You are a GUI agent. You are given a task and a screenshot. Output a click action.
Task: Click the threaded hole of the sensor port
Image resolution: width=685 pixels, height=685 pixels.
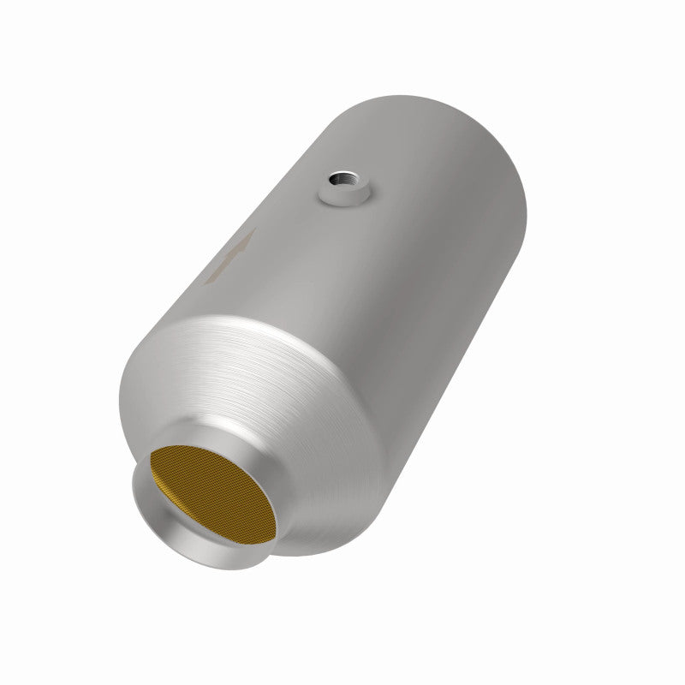[x=344, y=182]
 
